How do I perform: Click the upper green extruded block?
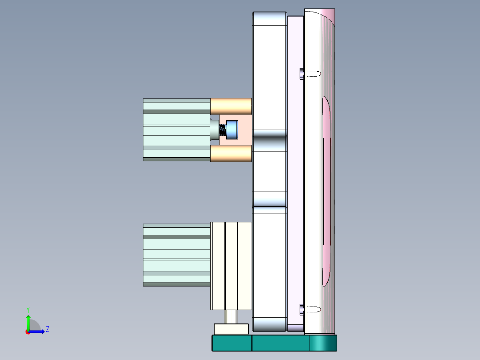point(176,129)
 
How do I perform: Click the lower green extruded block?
point(176,254)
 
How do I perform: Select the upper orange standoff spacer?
point(231,106)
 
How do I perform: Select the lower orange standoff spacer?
point(231,154)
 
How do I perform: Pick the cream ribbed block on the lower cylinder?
point(231,266)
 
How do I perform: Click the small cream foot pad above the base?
point(231,329)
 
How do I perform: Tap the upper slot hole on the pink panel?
point(314,73)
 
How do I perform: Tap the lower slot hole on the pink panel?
point(314,309)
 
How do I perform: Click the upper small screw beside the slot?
point(302,73)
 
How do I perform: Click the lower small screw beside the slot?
point(302,309)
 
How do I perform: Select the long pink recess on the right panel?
point(326,192)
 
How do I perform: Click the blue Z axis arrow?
point(38,331)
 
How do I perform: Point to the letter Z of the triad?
point(47,329)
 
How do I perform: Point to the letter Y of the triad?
point(28,309)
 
